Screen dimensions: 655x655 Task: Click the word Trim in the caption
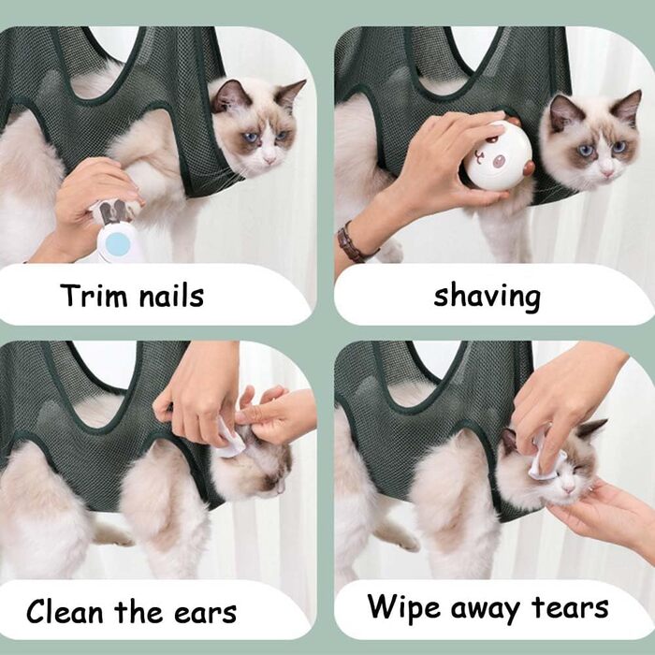tap(93, 296)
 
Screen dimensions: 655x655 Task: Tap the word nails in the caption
tap(171, 296)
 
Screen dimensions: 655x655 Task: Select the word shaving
tap(488, 297)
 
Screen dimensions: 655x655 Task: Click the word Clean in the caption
tap(65, 612)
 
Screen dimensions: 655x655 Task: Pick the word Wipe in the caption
tap(404, 607)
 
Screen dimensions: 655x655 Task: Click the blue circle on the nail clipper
tap(117, 243)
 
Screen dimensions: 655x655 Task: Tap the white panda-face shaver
tap(498, 156)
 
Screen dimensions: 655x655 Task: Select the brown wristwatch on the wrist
tap(351, 242)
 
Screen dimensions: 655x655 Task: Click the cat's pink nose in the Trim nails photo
tap(269, 159)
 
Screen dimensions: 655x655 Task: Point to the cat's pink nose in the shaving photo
tap(607, 171)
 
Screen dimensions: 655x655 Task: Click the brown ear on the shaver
tap(529, 167)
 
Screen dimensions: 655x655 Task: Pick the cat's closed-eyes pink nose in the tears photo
tap(568, 488)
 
